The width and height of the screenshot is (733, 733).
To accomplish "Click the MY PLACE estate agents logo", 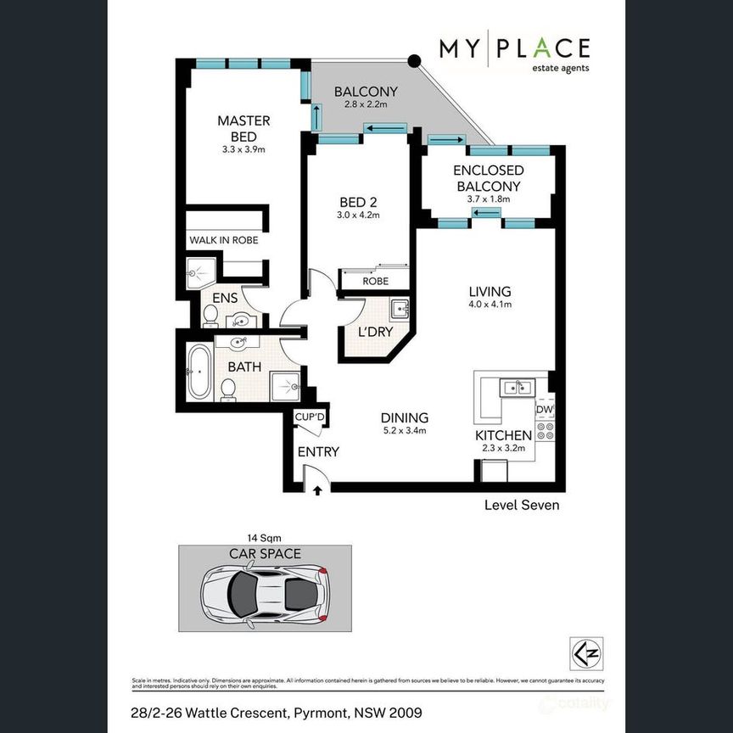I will pos(513,54).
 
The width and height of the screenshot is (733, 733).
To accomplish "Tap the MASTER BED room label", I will pos(243,128).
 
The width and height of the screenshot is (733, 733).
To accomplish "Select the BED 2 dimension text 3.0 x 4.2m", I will pos(358,215).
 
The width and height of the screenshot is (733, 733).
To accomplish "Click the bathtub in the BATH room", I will pos(198,372).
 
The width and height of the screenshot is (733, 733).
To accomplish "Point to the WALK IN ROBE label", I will pos(223,240).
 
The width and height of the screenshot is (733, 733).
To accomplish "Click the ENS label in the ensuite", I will pos(224,298).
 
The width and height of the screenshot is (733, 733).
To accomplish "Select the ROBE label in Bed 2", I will pos(375,281).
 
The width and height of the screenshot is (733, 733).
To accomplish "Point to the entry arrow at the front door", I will pos(317,490).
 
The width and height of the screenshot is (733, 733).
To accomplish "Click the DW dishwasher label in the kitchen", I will pos(545,410).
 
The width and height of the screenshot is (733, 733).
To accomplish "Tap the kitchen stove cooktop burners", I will pos(545,431).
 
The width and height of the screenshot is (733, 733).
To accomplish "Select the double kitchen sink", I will pos(516,389).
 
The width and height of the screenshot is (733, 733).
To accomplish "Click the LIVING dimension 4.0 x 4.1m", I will pos(490,307).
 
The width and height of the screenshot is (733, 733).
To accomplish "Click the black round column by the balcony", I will pos(414,61).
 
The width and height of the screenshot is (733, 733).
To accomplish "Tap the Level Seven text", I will pos(521,505).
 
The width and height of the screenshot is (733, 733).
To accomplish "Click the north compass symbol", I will pos(586,652).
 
